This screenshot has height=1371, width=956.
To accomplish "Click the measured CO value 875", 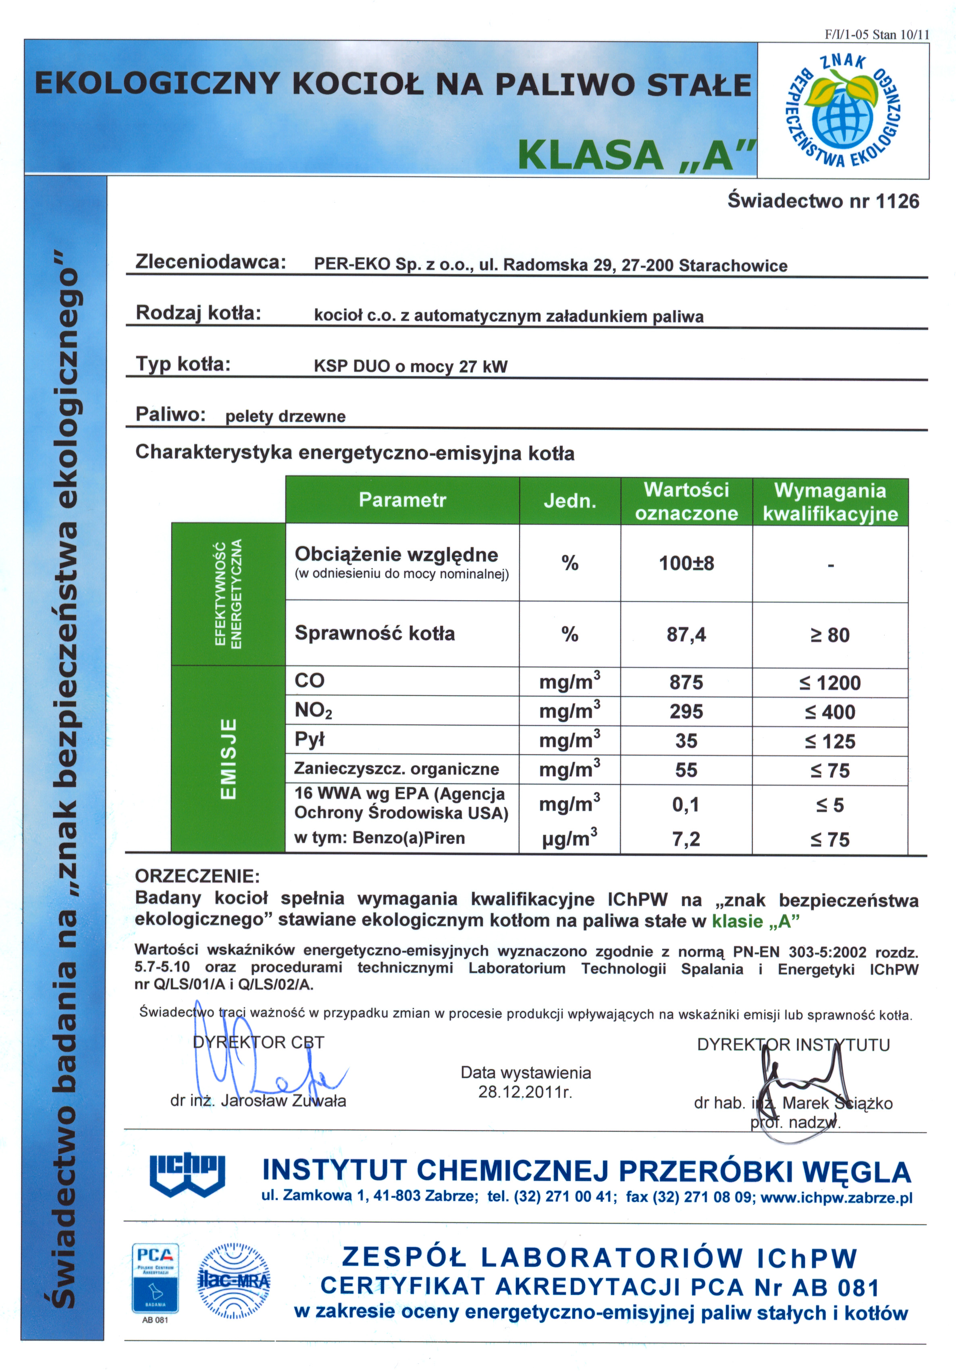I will [686, 682].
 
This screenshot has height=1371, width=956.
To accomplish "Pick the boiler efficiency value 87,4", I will [686, 634].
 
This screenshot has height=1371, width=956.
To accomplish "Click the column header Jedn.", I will [570, 501].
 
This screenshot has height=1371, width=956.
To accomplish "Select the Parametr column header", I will [402, 500].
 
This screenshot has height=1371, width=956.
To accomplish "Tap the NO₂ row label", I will [313, 710].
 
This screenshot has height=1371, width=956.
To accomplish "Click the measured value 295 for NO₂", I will [686, 711].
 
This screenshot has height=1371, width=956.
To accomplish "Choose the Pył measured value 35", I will [686, 740].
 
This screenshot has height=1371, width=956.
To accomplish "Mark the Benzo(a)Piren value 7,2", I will [686, 839].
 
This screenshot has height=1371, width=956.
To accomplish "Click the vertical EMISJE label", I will [228, 758].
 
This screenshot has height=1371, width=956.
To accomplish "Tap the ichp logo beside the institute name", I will [187, 1174].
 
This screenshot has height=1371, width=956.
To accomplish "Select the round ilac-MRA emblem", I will [234, 1281].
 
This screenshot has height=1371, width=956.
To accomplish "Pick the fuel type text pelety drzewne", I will [285, 416].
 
